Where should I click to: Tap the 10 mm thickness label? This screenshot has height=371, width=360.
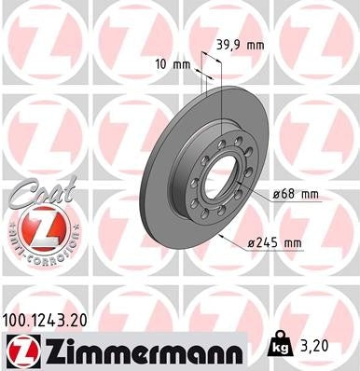coord(173,65)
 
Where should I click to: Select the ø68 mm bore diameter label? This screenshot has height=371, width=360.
coord(298,194)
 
